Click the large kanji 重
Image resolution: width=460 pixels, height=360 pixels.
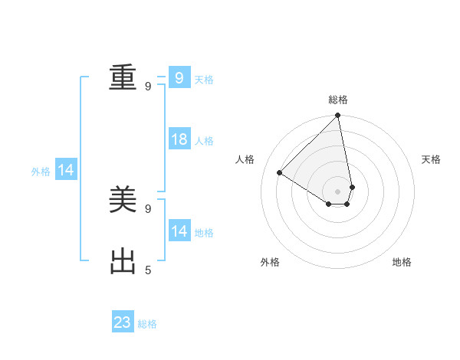pyautogui.click(x=123, y=78)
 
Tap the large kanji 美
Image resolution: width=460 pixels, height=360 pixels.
pyautogui.click(x=123, y=201)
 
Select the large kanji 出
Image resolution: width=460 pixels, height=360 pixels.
pyautogui.click(x=123, y=262)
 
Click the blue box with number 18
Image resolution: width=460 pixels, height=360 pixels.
pyautogui.click(x=179, y=139)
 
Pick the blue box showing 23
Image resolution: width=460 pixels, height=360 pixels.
pyautogui.click(x=123, y=322)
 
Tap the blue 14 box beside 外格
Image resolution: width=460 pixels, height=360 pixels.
pyautogui.click(x=66, y=171)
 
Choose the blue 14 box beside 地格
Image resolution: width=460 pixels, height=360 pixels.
pyautogui.click(x=179, y=231)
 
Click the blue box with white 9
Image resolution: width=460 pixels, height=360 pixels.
pyautogui.click(x=179, y=78)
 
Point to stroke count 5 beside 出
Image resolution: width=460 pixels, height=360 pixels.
pyautogui.click(x=148, y=270)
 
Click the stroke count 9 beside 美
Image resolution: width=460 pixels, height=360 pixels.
pyautogui.click(x=148, y=208)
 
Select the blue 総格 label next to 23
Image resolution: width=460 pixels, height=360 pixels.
pyautogui.click(x=147, y=324)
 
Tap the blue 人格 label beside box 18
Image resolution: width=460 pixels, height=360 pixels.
pyautogui.click(x=204, y=141)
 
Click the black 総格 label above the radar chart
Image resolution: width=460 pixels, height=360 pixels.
pyautogui.click(x=338, y=100)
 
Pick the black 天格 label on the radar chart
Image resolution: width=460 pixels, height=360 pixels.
pyautogui.click(x=431, y=159)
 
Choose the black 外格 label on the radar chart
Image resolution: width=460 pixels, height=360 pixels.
pyautogui.click(x=270, y=262)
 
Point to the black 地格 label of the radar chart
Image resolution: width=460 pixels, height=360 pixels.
pyautogui.click(x=402, y=262)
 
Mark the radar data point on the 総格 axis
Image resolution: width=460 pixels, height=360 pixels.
pyautogui.click(x=338, y=116)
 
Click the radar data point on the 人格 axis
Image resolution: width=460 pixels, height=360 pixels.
pyautogui.click(x=280, y=173)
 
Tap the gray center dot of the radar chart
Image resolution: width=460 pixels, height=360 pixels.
pyautogui.click(x=338, y=191)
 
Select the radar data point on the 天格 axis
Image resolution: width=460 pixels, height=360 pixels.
pyautogui.click(x=352, y=187)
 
